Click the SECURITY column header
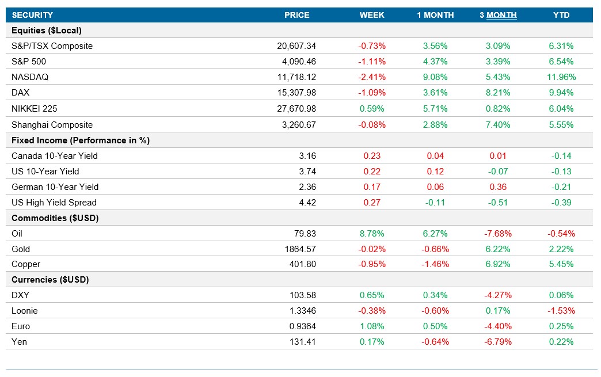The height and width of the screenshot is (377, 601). pos(32,15)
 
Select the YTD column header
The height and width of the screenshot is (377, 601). pos(561,15)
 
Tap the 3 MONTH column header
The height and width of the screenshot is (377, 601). pos(498,15)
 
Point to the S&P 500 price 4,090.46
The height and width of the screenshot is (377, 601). pos(296,62)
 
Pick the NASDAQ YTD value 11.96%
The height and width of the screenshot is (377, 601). pos(561,77)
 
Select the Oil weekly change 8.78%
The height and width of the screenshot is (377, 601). pos(372,234)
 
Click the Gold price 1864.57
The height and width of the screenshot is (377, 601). pos(299,249)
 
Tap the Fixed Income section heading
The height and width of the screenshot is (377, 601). pos(81,140)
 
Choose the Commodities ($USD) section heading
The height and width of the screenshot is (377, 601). pos(55,218)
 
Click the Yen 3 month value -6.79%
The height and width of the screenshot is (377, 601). pos(498,342)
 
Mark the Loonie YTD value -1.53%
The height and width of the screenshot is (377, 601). pos(561,311)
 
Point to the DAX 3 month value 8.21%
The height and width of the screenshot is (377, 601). pos(498,93)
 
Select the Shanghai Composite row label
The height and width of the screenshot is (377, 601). pos(52,124)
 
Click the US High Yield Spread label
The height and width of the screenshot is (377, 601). pos(54,203)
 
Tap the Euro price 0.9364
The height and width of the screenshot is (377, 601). pos(303,326)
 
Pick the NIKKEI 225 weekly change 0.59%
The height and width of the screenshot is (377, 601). pos(372,109)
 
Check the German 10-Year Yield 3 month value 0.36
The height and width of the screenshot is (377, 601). pos(498,187)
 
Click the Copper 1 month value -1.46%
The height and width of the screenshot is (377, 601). pos(435,265)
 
